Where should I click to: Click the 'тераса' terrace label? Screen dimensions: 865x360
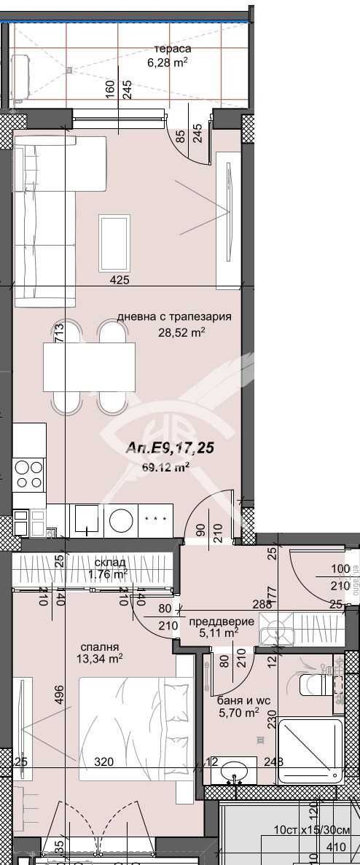coord(168,48)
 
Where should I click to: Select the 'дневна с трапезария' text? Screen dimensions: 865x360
coord(174,317)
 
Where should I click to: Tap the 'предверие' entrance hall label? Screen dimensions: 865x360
coord(221,622)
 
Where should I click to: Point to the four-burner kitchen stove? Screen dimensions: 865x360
coord(29,474)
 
